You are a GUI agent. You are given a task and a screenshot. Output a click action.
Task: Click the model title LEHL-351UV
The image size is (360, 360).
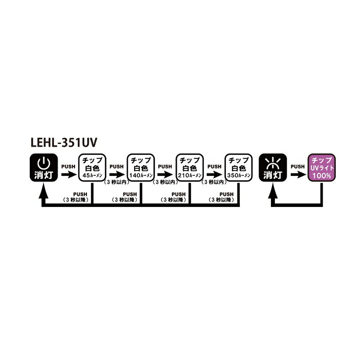[x=64, y=142]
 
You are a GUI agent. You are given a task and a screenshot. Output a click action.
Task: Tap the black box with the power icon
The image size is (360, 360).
[x=44, y=167]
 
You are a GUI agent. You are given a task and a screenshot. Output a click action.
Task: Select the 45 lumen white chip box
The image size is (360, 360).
[x=92, y=167]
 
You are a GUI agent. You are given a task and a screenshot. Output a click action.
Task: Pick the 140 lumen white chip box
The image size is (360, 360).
[x=141, y=167]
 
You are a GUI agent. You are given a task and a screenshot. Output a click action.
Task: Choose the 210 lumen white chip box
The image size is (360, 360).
[x=189, y=167]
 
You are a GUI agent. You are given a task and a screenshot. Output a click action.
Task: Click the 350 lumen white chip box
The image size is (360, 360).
[x=238, y=167]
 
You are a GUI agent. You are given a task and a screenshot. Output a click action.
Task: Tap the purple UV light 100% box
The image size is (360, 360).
[x=321, y=167]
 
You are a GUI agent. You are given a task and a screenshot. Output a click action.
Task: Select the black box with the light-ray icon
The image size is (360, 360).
[x=273, y=167]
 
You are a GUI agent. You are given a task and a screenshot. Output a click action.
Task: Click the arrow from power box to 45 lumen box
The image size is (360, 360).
[x=69, y=175]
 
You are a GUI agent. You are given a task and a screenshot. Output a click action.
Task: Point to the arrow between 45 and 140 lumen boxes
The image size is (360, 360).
[x=117, y=175]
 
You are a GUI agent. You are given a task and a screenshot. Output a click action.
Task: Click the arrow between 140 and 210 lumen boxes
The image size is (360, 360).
[x=165, y=175]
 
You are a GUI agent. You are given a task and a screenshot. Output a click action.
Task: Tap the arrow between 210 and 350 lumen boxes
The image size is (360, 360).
[x=215, y=175]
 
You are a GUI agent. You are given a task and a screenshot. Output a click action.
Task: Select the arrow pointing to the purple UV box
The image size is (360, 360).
[x=298, y=175]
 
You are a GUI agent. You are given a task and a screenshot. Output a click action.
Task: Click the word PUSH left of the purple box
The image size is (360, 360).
[x=297, y=166]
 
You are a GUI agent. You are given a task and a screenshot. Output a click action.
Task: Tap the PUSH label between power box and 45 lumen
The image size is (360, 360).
[x=68, y=166]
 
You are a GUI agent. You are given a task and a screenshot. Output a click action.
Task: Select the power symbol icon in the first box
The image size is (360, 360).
[x=44, y=163]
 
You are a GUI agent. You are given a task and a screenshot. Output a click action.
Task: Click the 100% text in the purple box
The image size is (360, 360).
[x=322, y=176]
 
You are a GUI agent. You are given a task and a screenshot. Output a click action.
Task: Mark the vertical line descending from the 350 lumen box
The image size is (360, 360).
[x=238, y=193]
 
